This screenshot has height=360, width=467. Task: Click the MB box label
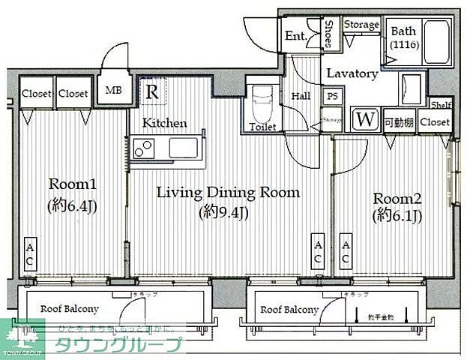point(114,91)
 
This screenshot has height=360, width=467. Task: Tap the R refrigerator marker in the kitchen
point(152,92)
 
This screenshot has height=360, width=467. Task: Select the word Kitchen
point(165,123)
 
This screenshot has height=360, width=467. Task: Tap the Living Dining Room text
point(227,193)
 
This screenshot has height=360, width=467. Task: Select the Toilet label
point(262,127)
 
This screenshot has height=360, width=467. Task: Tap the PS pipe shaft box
point(331,96)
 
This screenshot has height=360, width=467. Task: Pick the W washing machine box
point(365,119)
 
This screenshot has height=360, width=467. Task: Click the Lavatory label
point(351,74)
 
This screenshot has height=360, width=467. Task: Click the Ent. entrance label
point(294,35)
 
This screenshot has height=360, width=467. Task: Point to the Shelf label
point(440,106)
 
